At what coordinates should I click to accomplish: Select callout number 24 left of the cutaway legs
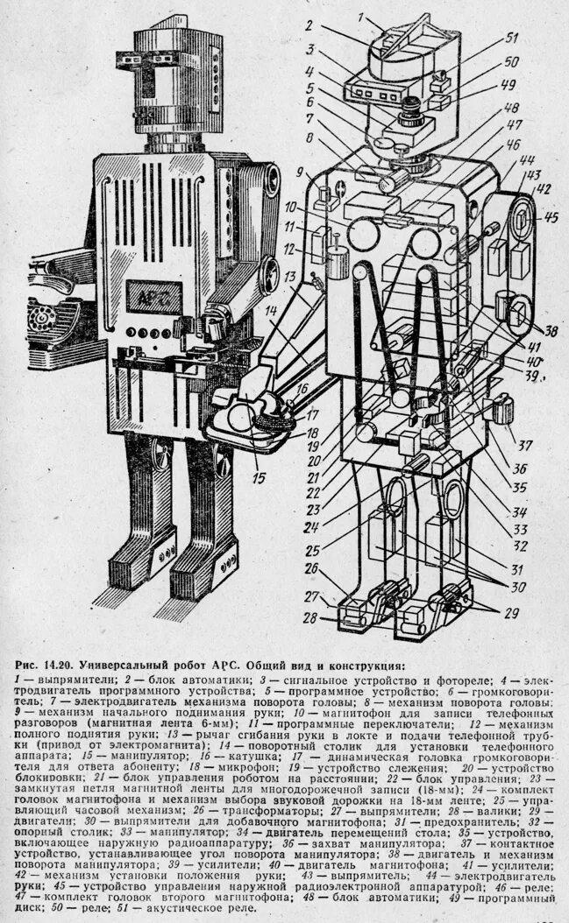point(310,527)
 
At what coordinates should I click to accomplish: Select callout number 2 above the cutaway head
point(309,26)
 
